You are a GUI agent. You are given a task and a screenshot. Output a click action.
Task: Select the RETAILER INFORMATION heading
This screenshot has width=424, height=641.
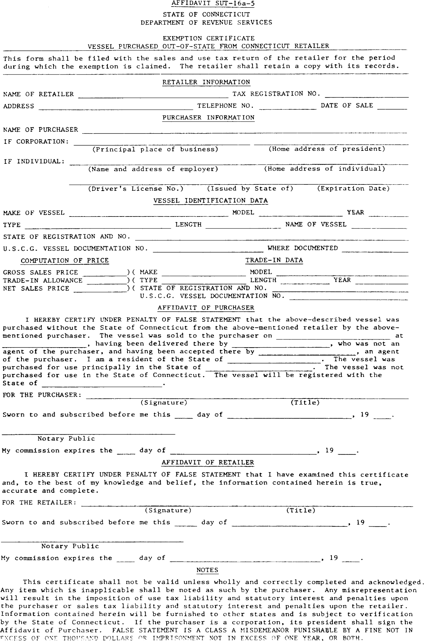click(206, 82)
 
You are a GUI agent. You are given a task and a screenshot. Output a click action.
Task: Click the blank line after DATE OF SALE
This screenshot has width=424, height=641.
click(392, 107)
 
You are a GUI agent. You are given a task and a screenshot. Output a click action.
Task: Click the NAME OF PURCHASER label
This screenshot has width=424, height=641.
click(41, 130)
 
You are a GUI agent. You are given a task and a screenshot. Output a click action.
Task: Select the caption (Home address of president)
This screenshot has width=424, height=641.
click(327, 149)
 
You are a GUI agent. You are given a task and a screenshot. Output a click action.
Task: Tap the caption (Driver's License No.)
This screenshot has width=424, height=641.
click(136, 189)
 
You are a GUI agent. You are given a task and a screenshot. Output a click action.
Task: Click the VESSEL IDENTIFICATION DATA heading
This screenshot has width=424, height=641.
click(210, 200)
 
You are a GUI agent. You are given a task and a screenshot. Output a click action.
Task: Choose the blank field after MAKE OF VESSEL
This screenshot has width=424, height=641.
click(148, 214)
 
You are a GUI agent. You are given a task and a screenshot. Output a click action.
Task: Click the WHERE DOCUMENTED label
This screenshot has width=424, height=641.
click(303, 248)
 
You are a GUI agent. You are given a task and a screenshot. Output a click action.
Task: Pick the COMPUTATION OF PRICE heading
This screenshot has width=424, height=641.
click(65, 260)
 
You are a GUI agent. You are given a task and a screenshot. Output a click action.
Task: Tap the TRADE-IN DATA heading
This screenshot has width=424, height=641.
click(274, 260)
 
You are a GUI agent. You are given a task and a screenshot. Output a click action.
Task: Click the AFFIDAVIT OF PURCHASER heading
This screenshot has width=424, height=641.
click(206, 308)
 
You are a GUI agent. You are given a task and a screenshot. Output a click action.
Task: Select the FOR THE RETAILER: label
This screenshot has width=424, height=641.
click(39, 502)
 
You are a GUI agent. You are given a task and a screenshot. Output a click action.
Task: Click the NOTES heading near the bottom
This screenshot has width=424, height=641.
click(207, 570)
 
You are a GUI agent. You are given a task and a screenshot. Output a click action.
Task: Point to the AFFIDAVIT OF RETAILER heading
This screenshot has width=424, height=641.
click(208, 463)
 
